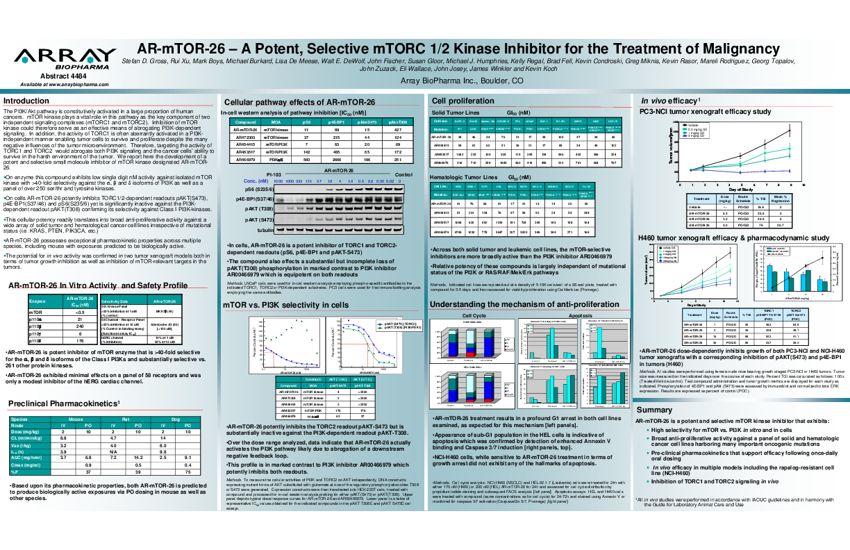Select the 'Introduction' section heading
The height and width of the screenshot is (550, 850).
pyautogui.click(x=26, y=101)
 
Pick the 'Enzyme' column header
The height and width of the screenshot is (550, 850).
pyautogui.click(x=37, y=301)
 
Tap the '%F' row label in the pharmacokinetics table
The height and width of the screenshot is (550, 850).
pyautogui.click(x=15, y=472)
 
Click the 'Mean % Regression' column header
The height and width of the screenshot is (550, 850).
pyautogui.click(x=779, y=199)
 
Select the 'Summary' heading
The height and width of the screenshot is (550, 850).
pyautogui.click(x=653, y=410)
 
